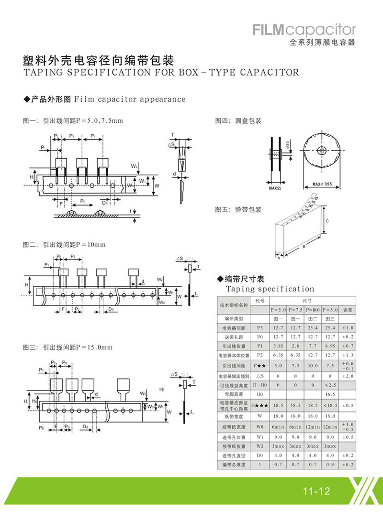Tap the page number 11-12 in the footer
314,491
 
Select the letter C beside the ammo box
326,221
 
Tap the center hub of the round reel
320,150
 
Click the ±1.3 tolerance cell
349,355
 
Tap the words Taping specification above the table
270,289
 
